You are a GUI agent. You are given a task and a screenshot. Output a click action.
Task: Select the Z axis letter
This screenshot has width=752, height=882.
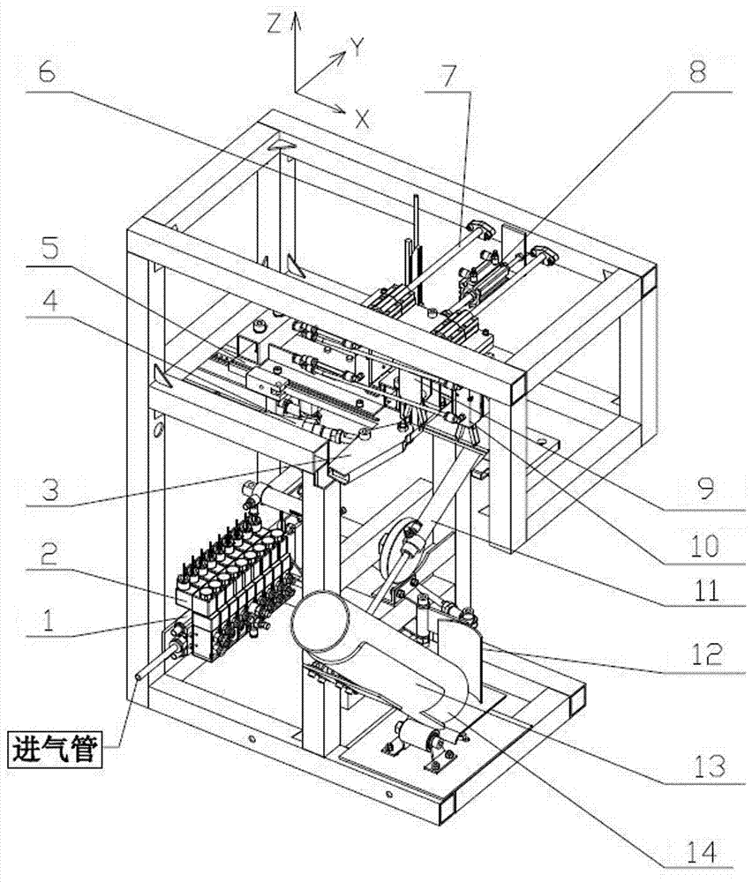(x=274, y=24)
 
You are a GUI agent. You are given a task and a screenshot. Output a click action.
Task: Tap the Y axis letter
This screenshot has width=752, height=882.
(x=357, y=49)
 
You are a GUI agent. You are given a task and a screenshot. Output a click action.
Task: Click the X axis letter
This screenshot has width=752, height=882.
(x=361, y=119)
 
